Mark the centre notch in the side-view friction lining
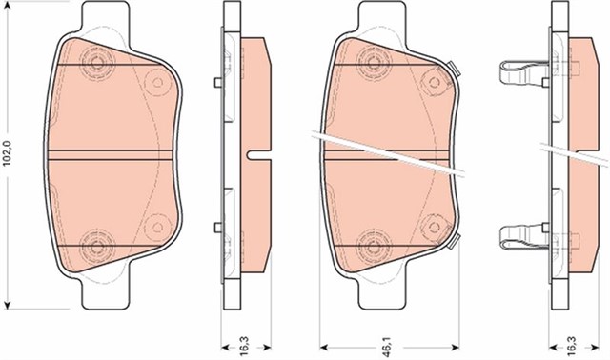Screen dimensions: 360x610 (x=255, y=153)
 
